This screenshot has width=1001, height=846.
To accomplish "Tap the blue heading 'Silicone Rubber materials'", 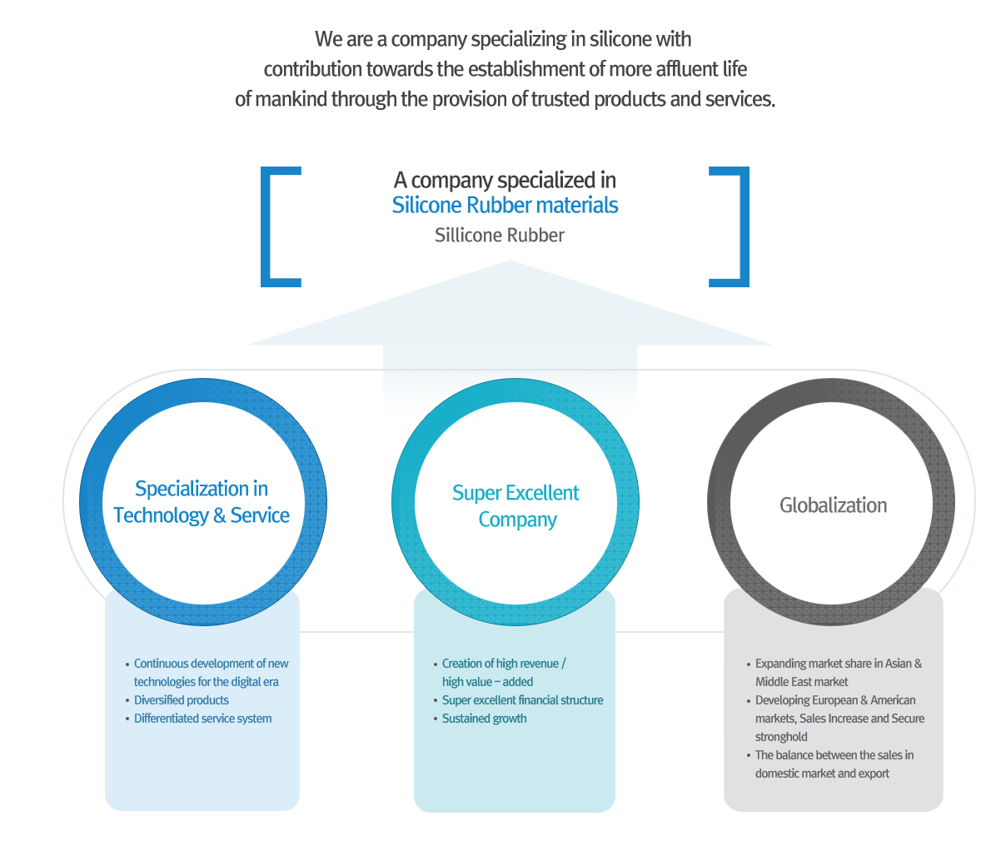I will [505, 206].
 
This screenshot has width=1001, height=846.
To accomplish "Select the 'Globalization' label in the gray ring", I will [833, 505].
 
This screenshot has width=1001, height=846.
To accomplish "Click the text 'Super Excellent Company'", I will [515, 506].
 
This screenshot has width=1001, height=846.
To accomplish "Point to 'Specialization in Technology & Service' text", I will [202, 502].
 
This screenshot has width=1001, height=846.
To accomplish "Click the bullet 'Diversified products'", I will [182, 700].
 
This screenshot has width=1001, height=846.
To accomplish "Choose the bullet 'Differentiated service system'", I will [202, 719].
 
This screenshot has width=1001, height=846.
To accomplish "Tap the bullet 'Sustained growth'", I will [484, 719].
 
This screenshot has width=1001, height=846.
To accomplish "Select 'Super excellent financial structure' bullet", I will [522, 700].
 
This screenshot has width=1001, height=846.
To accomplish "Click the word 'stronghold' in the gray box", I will [781, 737].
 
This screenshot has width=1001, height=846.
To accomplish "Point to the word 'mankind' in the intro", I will [291, 99].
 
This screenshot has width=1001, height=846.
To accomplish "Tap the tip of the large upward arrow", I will [510, 263].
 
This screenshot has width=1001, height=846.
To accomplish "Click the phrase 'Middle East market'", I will [801, 682].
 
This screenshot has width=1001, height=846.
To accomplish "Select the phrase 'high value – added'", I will [487, 682].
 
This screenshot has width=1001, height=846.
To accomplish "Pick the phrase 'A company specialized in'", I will [505, 180].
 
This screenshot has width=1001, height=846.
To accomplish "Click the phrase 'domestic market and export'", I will [822, 774].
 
